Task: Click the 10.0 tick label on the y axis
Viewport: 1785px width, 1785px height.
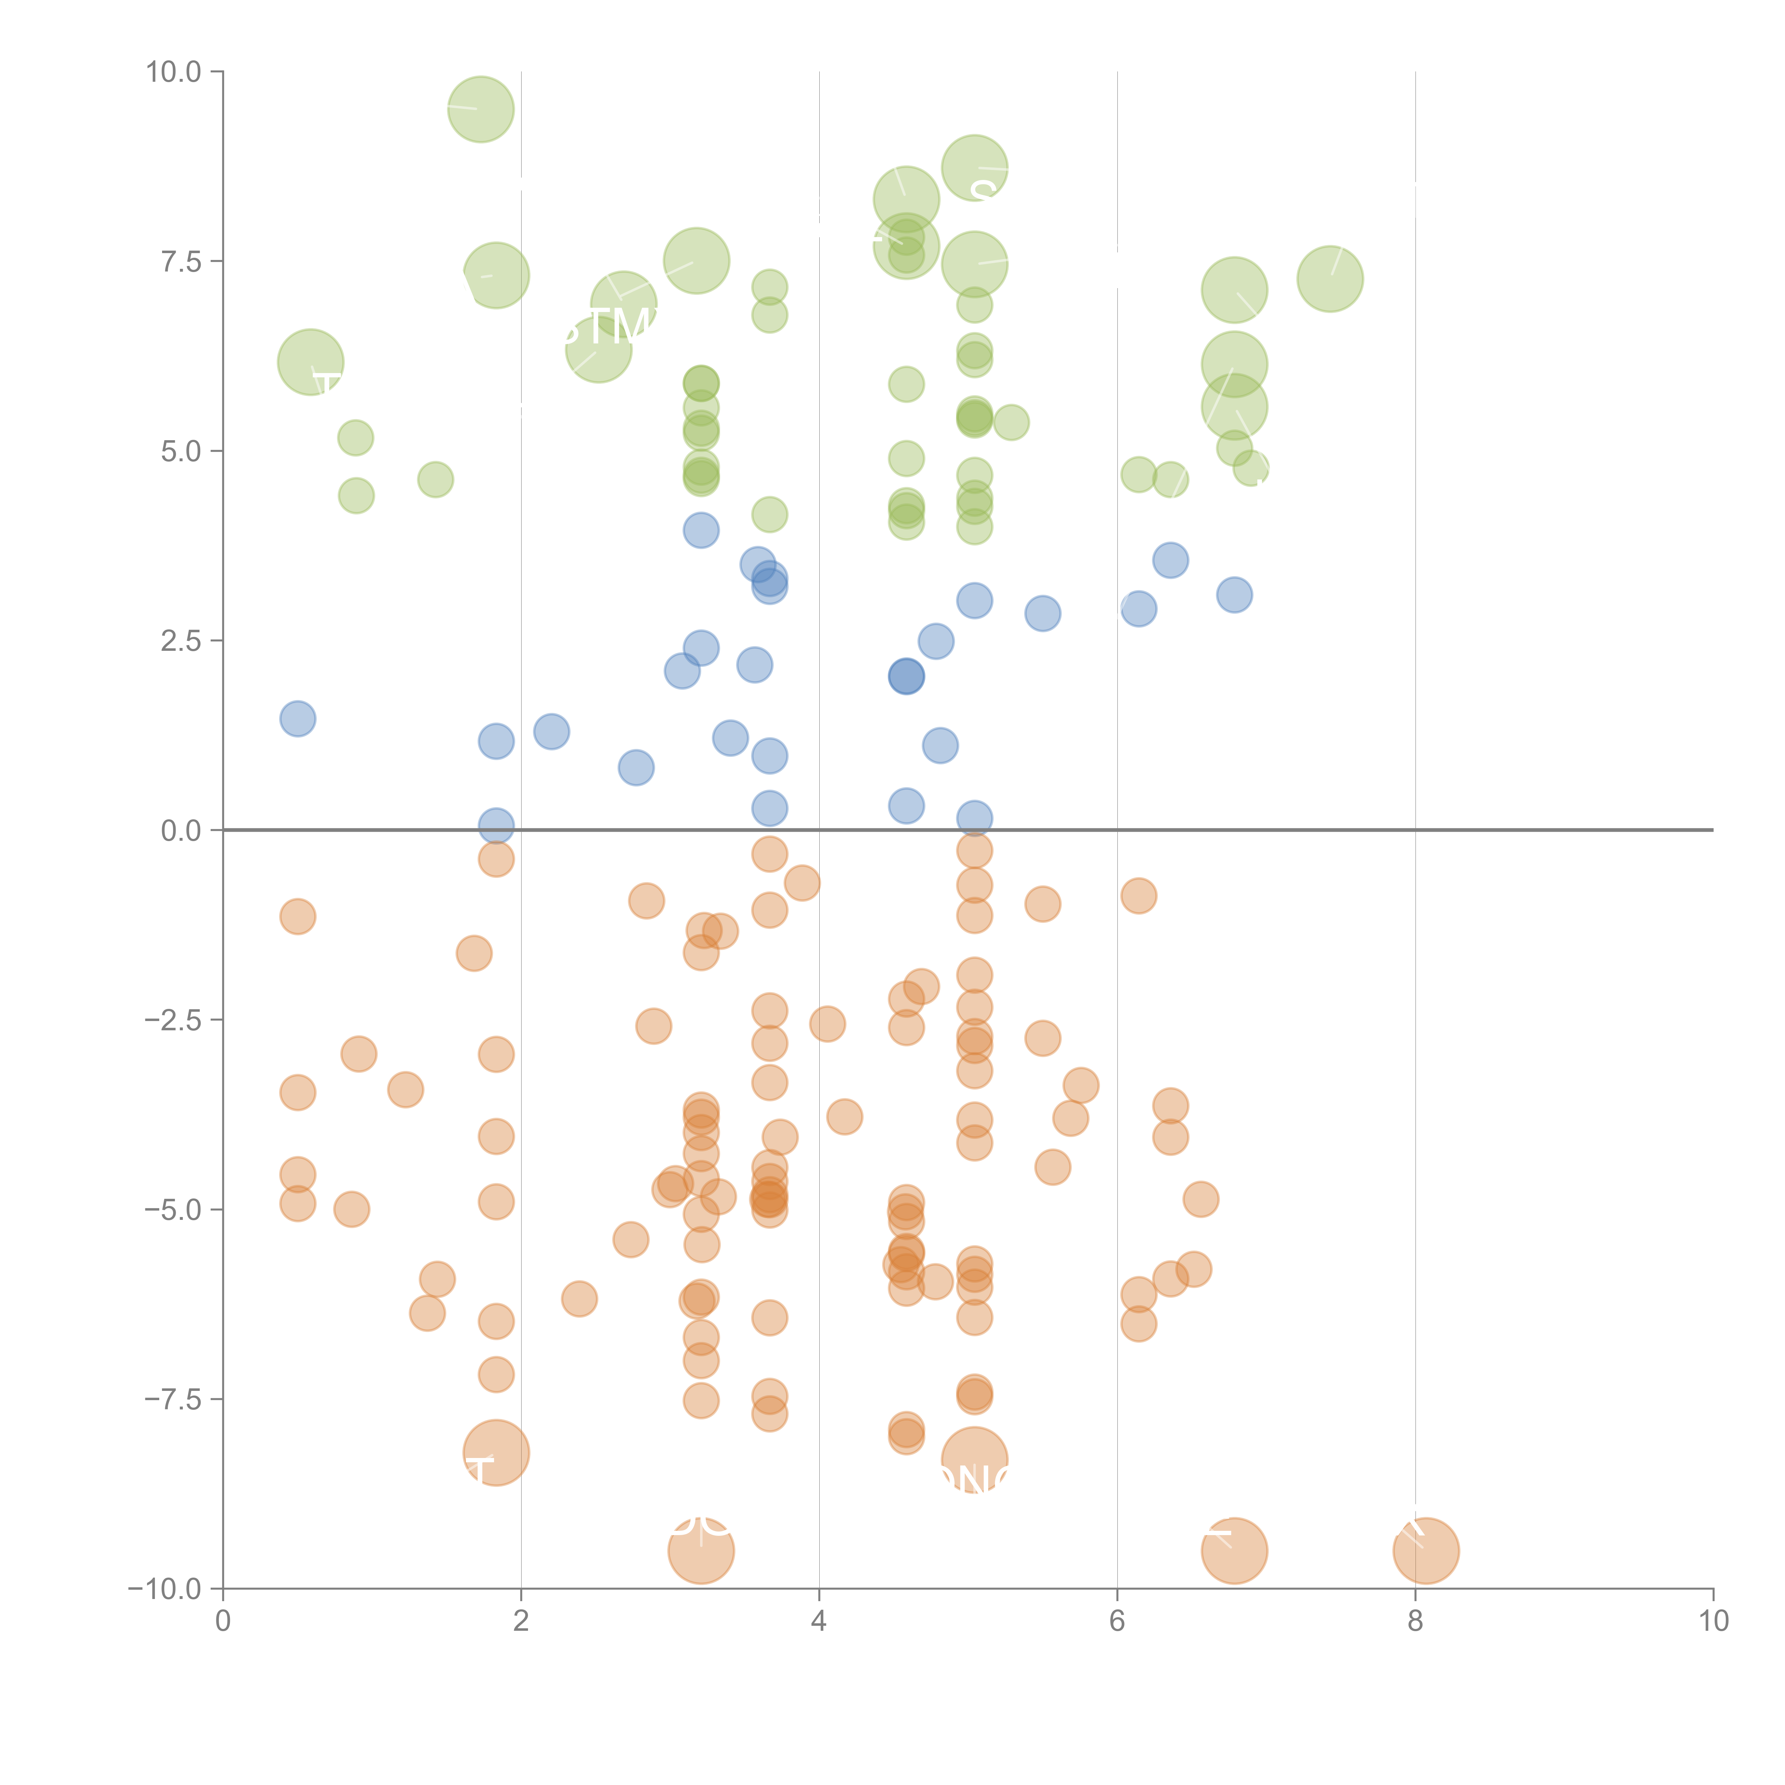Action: pyautogui.click(x=174, y=72)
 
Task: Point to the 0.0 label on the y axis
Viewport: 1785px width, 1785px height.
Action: pyautogui.click(x=181, y=831)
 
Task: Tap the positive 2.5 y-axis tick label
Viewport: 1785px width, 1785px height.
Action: pyautogui.click(x=181, y=641)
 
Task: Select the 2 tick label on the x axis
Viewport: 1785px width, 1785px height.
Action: pyautogui.click(x=521, y=1621)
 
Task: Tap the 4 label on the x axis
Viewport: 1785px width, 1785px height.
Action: pyautogui.click(x=819, y=1621)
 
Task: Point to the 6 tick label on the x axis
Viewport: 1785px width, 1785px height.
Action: pyautogui.click(x=1117, y=1621)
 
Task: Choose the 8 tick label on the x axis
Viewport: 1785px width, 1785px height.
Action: pyautogui.click(x=1416, y=1621)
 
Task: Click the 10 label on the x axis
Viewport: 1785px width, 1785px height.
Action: pyautogui.click(x=1713, y=1621)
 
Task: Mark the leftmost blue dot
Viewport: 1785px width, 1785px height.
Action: pyautogui.click(x=297, y=719)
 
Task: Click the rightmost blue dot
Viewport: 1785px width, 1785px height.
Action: pyautogui.click(x=1235, y=595)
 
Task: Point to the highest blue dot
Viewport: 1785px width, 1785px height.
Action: pyautogui.click(x=701, y=531)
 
